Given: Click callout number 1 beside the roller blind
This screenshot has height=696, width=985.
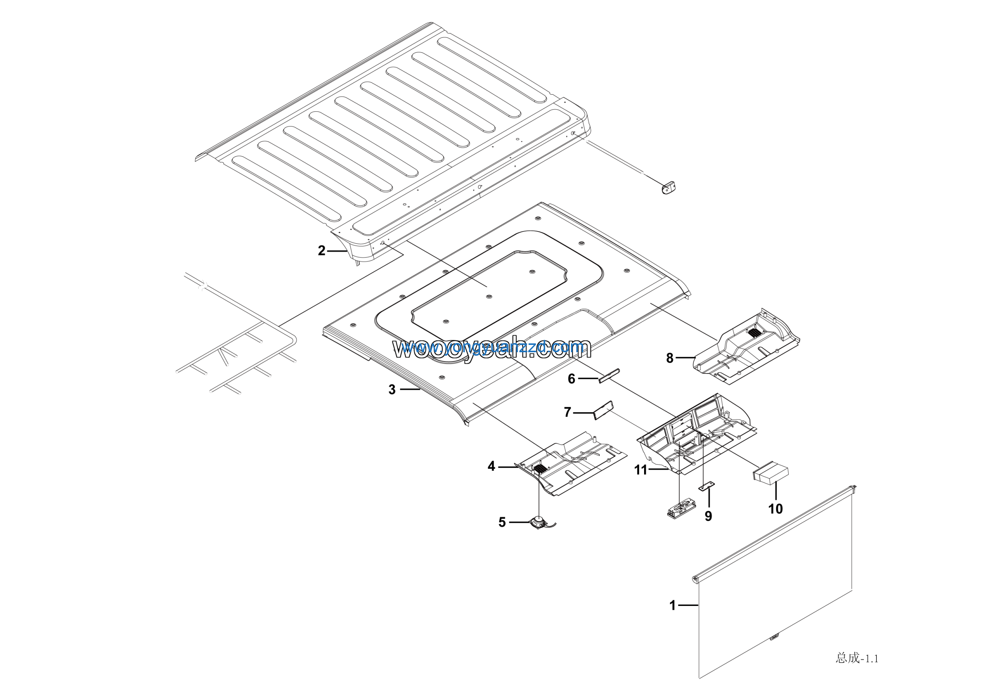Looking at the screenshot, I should click(x=672, y=605).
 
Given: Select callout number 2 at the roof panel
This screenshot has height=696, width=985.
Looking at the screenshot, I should click(x=321, y=251).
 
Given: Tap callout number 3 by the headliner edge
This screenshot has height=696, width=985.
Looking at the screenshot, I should click(x=392, y=390).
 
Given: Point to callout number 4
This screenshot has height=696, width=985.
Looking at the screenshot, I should click(x=491, y=466).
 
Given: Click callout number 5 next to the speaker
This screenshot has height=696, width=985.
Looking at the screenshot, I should click(x=502, y=522).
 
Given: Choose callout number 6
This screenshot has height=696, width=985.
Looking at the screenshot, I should click(x=571, y=378).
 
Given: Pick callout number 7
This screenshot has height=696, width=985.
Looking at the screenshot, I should click(x=567, y=412).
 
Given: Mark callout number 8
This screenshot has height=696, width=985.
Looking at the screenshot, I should click(x=669, y=358).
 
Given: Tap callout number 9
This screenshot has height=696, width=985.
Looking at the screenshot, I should click(x=708, y=516).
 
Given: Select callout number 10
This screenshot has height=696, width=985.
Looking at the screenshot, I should click(x=775, y=509).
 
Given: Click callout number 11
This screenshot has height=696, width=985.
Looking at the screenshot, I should click(x=641, y=470).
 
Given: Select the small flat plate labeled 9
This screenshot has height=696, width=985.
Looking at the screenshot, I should click(x=708, y=486).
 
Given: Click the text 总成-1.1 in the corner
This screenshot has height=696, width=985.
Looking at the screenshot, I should click(x=857, y=658).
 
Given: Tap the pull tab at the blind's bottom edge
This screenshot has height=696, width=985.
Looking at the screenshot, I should click(x=773, y=637).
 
